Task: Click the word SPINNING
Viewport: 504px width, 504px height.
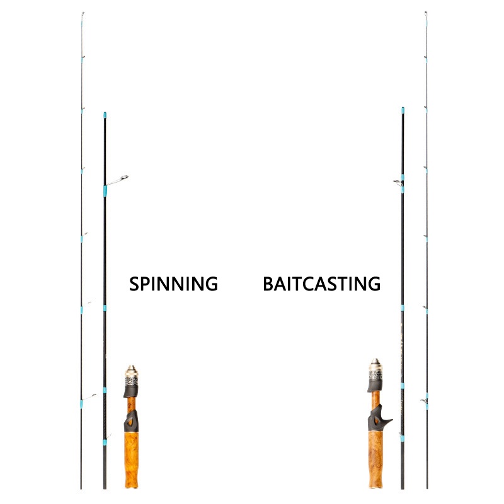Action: click(173, 283)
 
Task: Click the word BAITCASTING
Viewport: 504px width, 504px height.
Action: click(321, 283)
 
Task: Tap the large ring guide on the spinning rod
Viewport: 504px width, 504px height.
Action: click(124, 178)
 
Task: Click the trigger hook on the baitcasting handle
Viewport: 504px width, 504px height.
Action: click(386, 419)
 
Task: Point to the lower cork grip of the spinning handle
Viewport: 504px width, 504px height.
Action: click(130, 460)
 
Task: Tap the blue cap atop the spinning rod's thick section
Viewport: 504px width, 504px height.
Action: click(105, 115)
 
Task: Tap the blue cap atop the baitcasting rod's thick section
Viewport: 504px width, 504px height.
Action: click(403, 110)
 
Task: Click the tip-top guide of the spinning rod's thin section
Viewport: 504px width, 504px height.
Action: click(83, 14)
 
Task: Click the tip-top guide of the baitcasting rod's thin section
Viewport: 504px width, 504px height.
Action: click(426, 14)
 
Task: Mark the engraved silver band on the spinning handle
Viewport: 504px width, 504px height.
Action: click(132, 381)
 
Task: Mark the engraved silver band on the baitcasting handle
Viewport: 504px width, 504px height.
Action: click(375, 377)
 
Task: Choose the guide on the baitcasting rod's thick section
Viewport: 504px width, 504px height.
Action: click(398, 182)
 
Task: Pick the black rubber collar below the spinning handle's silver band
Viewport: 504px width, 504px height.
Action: click(130, 392)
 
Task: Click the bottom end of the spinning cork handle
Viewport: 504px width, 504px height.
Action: click(130, 486)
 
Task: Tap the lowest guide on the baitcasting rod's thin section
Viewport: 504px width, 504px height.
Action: click(426, 400)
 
